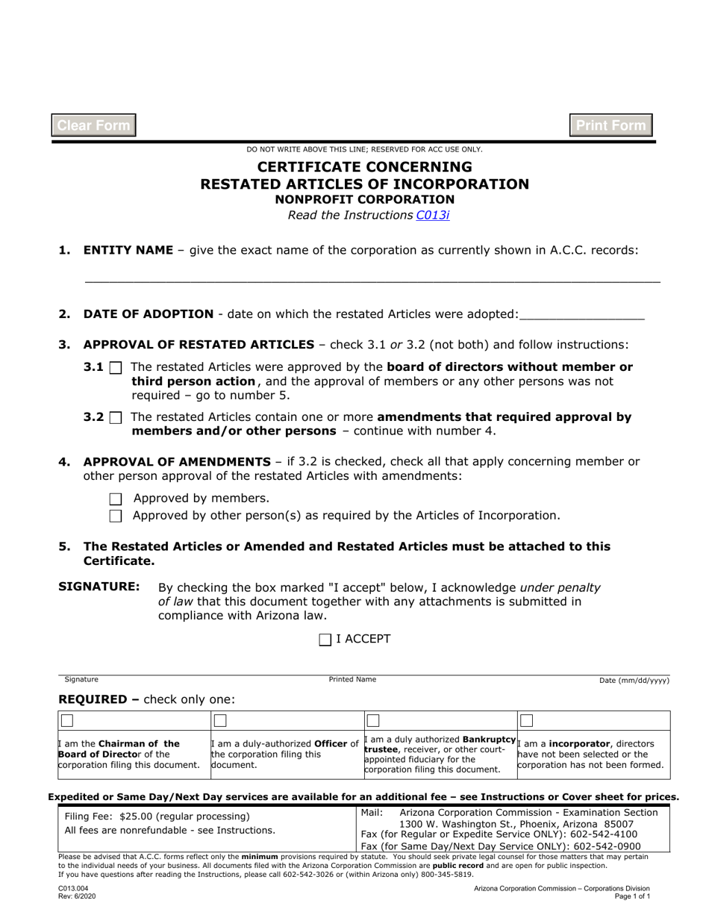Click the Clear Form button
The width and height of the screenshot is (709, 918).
tap(93, 125)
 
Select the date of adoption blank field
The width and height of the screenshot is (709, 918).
tap(581, 314)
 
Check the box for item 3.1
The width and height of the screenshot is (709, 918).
tap(116, 367)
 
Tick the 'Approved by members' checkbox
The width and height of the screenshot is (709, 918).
tap(116, 499)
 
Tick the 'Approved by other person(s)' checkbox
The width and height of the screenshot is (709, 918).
tap(116, 516)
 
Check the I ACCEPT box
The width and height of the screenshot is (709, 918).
tap(325, 640)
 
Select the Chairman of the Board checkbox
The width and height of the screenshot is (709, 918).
tap(67, 721)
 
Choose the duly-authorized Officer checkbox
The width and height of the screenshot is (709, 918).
tap(220, 721)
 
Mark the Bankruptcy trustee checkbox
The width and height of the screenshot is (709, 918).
tap(373, 721)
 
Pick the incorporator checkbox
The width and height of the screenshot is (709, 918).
tap(527, 721)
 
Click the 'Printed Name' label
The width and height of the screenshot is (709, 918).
tap(352, 680)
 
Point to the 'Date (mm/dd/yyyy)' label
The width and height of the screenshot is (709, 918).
tap(634, 681)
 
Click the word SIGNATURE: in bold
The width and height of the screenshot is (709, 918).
tap(99, 587)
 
